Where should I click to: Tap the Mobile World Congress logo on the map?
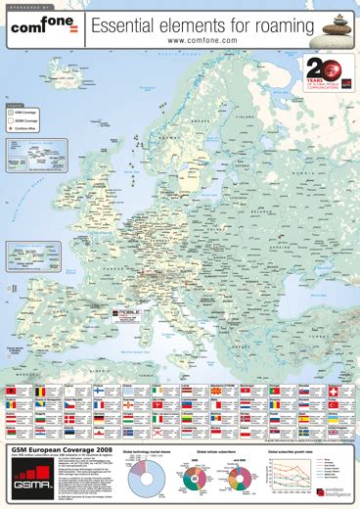click(x=126, y=315)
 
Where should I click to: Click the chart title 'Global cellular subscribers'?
click(x=222, y=452)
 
